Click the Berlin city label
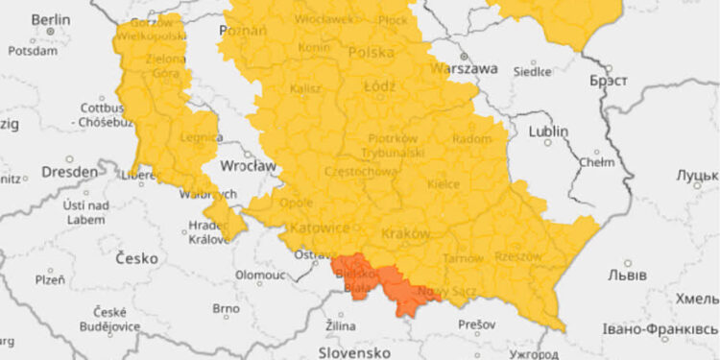click(x=50, y=19)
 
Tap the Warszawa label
click(x=465, y=69)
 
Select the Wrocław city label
click(x=248, y=165)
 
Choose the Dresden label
click(x=68, y=172)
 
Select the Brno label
click(x=226, y=308)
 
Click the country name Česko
click(x=135, y=258)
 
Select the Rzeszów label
click(x=518, y=256)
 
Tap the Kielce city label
click(x=444, y=184)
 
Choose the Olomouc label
click(x=259, y=275)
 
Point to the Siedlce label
click(x=533, y=71)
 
